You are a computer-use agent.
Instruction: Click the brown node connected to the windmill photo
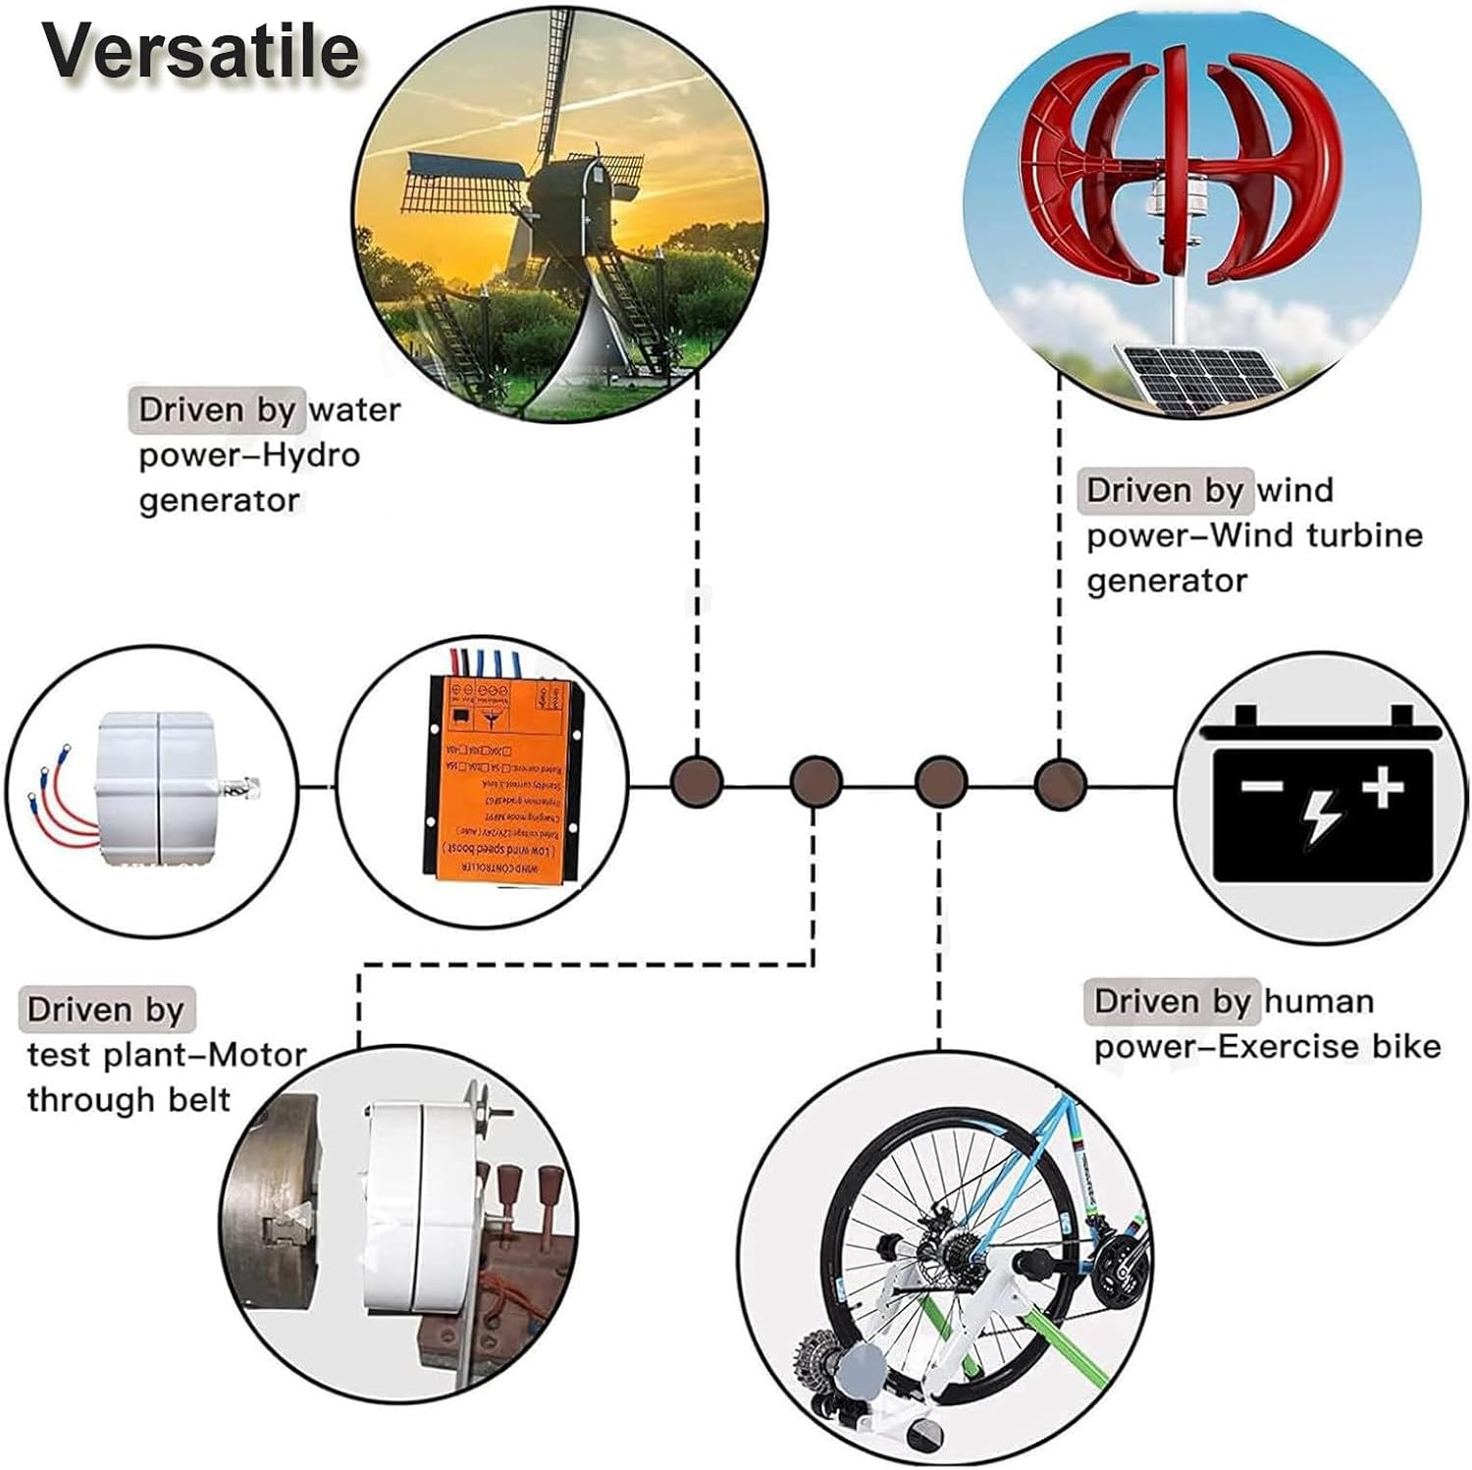coord(697,783)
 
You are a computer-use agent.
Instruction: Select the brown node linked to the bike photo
coord(940,783)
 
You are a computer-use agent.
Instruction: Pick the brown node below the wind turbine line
coord(1060,783)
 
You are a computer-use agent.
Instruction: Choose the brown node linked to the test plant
coord(815,783)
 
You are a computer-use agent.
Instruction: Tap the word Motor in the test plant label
coord(258,1055)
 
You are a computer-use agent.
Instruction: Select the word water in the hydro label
coord(354,410)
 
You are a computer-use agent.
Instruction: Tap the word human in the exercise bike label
coord(1319,1001)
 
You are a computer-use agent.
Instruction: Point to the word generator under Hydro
coord(219,500)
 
